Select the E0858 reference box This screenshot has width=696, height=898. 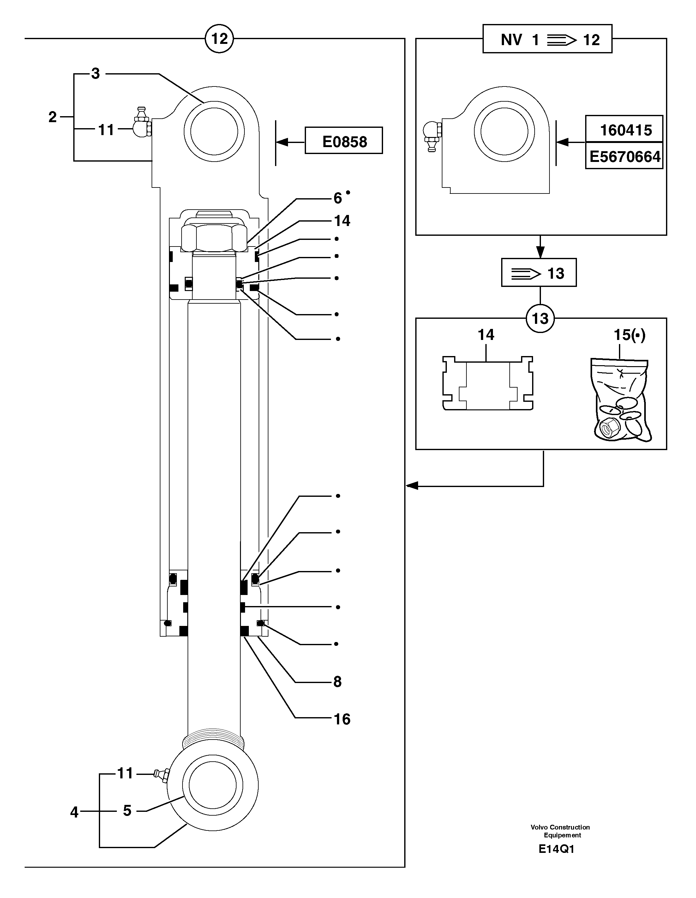pyautogui.click(x=344, y=141)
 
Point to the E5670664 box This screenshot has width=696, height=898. pyautogui.click(x=624, y=156)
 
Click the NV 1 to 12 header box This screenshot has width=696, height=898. pyautogui.click(x=547, y=39)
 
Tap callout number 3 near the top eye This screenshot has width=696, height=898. pyautogui.click(x=95, y=74)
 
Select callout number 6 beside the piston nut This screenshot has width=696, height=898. pyautogui.click(x=337, y=199)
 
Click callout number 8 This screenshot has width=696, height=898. pyautogui.click(x=337, y=682)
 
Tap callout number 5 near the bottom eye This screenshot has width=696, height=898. pyautogui.click(x=127, y=811)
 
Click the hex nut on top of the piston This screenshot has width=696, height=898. pyautogui.click(x=214, y=236)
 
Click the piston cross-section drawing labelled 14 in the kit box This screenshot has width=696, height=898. pyautogui.click(x=488, y=384)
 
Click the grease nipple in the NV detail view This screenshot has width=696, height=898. pyautogui.click(x=432, y=136)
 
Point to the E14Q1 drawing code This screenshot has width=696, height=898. pyautogui.click(x=556, y=849)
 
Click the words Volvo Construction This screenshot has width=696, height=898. pyautogui.click(x=560, y=827)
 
